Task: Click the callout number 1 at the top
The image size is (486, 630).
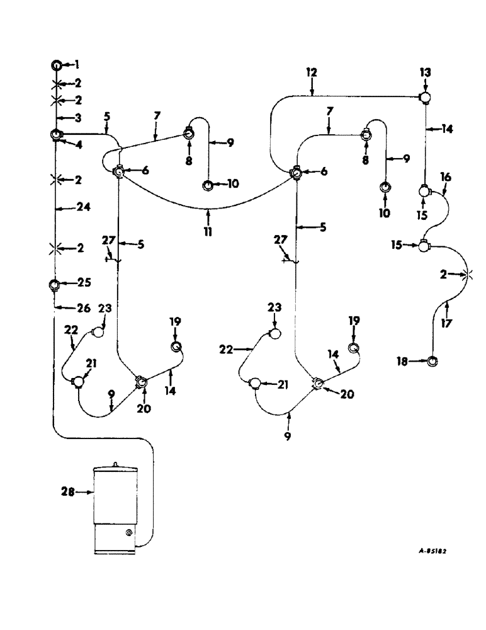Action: click(x=77, y=64)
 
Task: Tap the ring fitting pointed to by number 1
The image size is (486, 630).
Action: click(x=56, y=64)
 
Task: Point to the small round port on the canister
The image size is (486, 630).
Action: click(x=128, y=533)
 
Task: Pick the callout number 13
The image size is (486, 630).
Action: click(x=425, y=74)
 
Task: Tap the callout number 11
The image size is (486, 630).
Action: click(x=207, y=232)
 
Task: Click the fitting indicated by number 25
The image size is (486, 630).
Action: click(x=55, y=283)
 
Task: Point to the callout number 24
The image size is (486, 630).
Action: click(x=81, y=208)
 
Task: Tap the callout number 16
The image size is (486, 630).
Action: click(x=446, y=178)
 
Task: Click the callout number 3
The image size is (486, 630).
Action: click(x=77, y=118)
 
